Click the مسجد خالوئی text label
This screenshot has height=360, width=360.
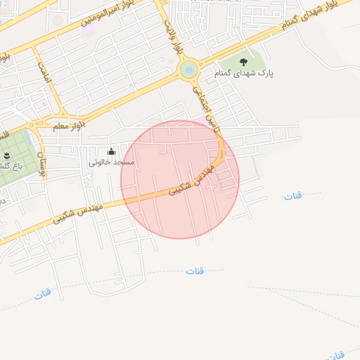click(x=111, y=162)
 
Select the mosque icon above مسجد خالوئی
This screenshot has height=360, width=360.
click(x=111, y=151)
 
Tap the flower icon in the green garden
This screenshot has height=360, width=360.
click(x=6, y=155)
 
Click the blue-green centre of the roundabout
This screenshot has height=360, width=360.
click(x=188, y=70)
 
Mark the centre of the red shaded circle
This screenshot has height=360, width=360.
click(x=180, y=179)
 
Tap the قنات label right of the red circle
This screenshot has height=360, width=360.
click(x=292, y=195)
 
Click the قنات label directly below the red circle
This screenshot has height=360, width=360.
click(x=195, y=270)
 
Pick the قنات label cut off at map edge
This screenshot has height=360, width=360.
click(x=337, y=354)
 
